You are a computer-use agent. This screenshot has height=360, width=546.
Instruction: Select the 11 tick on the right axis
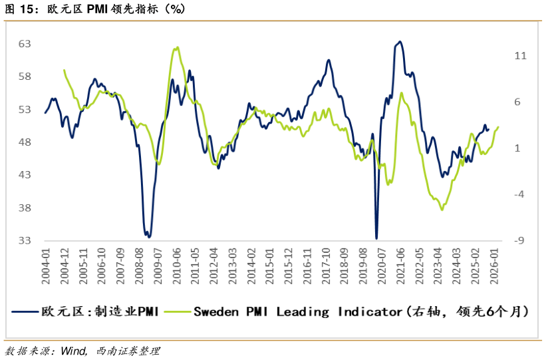pos(520,56)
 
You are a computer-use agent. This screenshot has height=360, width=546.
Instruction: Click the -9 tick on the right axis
pos(520,241)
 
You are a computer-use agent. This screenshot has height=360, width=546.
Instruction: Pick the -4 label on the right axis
pos(520,194)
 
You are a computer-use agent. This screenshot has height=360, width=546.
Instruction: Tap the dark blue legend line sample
pos(25,311)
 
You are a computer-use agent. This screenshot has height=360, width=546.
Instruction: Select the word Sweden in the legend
pos(213,311)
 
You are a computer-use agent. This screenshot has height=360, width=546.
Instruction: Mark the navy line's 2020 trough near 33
pos(376,238)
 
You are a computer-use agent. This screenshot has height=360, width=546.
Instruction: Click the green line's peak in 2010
pos(177,47)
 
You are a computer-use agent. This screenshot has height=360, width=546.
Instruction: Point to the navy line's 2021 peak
pos(399,42)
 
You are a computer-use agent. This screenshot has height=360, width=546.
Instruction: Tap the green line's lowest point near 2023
pos(442,210)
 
